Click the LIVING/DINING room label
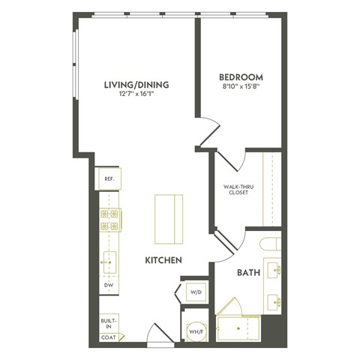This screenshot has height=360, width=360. pos(136,85)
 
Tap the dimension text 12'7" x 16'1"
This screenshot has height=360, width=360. pos(136,94)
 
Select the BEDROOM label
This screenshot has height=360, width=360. pos(240,76)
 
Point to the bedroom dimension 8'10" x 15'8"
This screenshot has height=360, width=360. pos(240,85)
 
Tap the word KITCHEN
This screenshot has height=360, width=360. pos(164,260)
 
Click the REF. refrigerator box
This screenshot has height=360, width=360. pos(109,179)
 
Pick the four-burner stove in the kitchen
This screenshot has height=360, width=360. pos(110,220)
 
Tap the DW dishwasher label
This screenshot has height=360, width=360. pos(109,286)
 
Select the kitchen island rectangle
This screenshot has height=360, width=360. pos(169,217)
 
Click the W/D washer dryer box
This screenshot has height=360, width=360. pos(194,292)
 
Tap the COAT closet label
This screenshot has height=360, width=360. pos(109,338)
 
